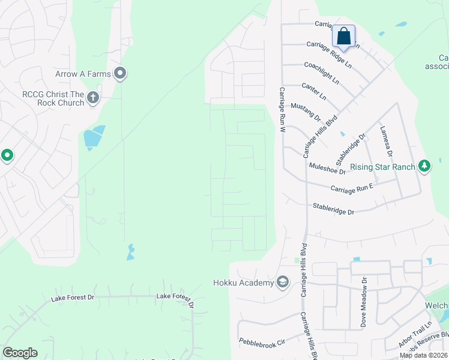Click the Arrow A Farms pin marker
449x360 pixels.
pyautogui.click(x=120, y=74)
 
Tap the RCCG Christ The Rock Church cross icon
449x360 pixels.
pyautogui.click(x=92, y=98)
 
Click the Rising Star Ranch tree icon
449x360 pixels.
pyautogui.click(x=424, y=166)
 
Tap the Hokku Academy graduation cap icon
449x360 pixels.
pyautogui.click(x=283, y=282)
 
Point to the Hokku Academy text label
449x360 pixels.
pyautogui.click(x=243, y=283)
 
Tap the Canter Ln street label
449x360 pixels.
pyautogui.click(x=314, y=92)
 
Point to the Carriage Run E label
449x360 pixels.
pyautogui.click(x=352, y=188)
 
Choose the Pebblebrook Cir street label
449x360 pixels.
pyautogui.click(x=261, y=341)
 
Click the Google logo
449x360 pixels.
pyautogui.click(x=20, y=353)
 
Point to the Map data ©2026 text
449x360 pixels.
pyautogui.click(x=423, y=355)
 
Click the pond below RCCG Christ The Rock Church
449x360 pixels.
pyautogui.click(x=94, y=139)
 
